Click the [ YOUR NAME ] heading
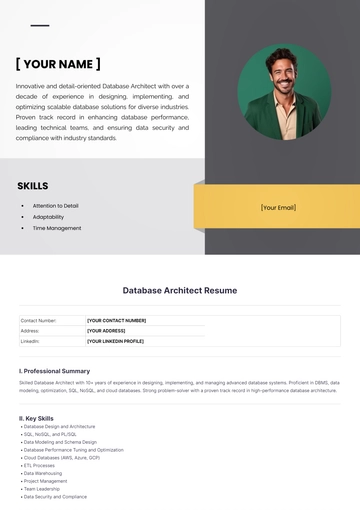[58, 64]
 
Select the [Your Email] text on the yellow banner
[278, 208]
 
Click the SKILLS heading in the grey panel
[33, 186]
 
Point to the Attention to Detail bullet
[55, 206]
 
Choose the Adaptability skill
[48, 217]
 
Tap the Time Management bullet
[57, 228]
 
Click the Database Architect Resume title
[180, 291]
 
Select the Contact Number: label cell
[39, 321]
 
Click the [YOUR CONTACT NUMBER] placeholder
[117, 321]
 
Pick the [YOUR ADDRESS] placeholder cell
[106, 331]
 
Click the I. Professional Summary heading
[54, 371]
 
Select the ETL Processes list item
[39, 465]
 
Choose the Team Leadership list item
[42, 489]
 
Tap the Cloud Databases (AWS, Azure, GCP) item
[61, 457]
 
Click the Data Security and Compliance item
[55, 497]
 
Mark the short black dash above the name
[40, 26]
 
